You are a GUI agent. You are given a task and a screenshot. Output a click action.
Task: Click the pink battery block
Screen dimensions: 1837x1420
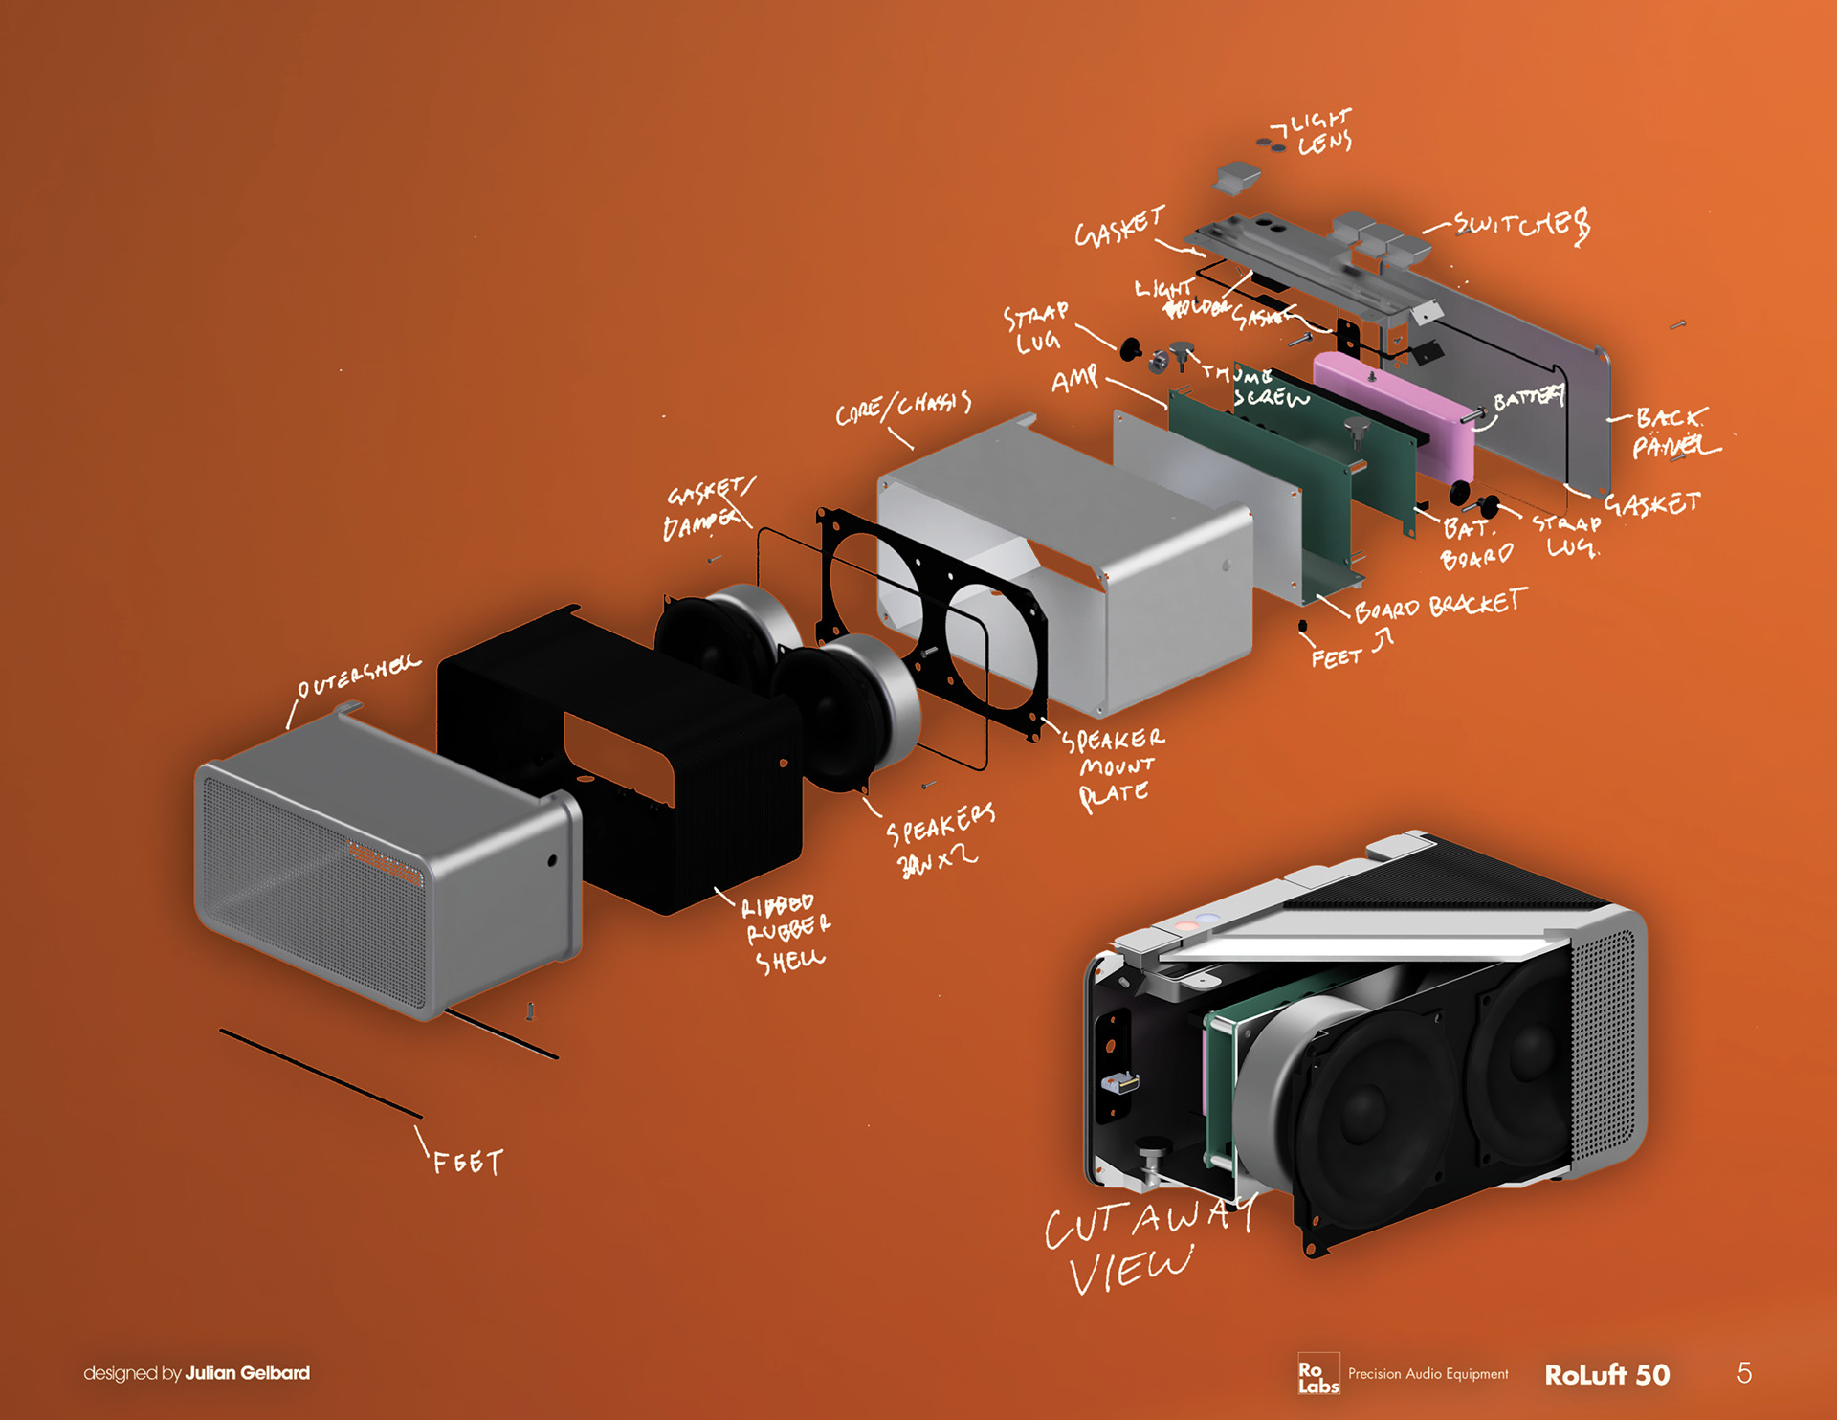[x=1392, y=411]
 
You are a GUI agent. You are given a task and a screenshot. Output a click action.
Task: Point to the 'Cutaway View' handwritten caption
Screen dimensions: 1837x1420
[x=1143, y=1244]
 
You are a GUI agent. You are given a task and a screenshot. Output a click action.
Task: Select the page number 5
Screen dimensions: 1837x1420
[x=1744, y=1373]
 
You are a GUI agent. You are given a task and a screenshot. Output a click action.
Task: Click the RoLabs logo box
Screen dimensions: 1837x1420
[x=1317, y=1375]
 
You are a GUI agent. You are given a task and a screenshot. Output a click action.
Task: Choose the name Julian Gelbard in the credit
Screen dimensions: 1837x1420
[x=247, y=1373]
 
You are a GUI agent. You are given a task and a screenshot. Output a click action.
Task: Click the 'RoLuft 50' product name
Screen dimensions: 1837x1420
[x=1606, y=1375]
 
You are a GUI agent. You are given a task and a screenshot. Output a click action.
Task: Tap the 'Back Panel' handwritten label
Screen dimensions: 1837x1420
[x=1671, y=433]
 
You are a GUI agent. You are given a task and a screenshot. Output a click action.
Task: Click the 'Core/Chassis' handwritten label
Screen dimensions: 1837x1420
[x=903, y=408]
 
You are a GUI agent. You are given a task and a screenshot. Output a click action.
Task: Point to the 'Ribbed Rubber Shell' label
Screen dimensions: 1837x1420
[x=786, y=931]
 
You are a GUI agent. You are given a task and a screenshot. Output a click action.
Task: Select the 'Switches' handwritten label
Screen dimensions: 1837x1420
[x=1521, y=226]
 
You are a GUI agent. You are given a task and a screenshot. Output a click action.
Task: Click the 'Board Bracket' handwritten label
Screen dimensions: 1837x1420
[x=1440, y=606]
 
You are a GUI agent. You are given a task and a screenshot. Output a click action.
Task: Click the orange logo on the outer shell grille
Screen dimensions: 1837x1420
[x=385, y=862]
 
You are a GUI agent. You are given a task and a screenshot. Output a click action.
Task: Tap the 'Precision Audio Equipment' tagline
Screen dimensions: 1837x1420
[x=1428, y=1374]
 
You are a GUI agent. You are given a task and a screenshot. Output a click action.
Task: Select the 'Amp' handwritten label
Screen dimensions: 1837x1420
[x=1075, y=379]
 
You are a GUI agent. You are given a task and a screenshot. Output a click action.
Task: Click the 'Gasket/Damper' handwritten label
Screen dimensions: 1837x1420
[x=706, y=509]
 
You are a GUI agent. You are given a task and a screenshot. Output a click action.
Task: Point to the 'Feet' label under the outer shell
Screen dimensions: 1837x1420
[x=467, y=1163]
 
